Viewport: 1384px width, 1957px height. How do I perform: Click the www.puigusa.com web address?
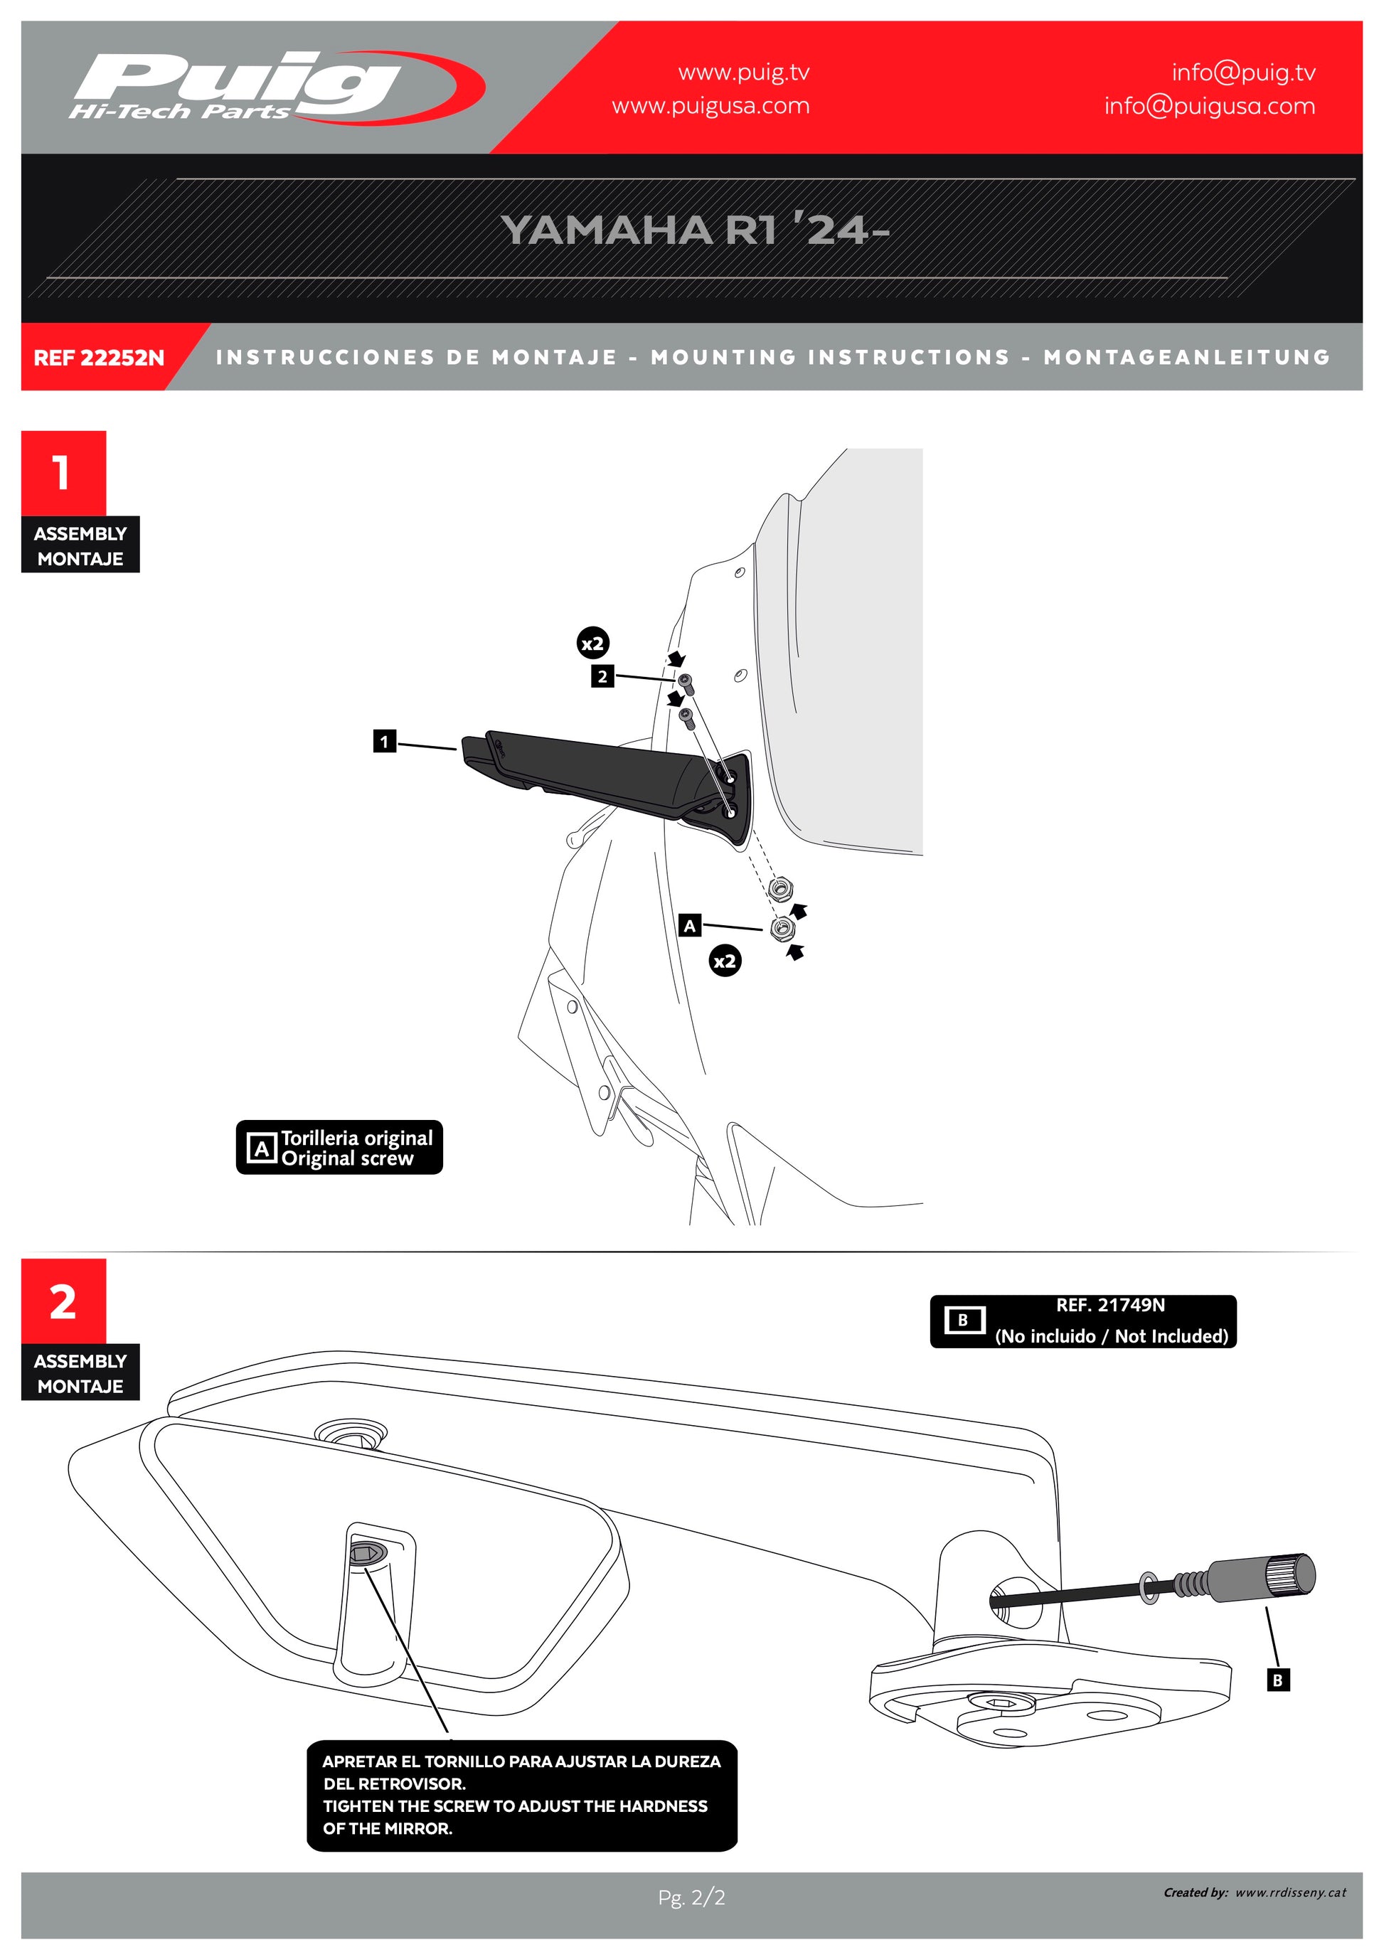point(710,107)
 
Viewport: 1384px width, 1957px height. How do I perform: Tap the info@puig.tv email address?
point(1242,73)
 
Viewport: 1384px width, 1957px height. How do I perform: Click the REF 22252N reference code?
point(99,358)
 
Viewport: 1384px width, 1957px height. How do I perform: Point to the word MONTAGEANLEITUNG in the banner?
point(1186,357)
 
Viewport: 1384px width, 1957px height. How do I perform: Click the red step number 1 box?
point(63,472)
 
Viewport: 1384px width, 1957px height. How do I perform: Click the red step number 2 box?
point(63,1301)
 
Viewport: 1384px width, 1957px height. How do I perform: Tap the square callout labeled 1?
point(384,742)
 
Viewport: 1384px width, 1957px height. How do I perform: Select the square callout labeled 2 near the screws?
point(602,677)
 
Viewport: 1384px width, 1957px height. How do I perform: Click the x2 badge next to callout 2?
point(592,644)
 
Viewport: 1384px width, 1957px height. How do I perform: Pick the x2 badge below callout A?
point(725,961)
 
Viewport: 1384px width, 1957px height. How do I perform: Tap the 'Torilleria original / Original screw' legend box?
point(339,1147)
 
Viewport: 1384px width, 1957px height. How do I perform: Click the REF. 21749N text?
point(1109,1305)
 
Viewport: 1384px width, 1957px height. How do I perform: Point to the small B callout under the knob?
point(1277,1680)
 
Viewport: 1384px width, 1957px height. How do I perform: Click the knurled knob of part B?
point(1289,1574)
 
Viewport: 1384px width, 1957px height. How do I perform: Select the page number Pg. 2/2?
point(691,1897)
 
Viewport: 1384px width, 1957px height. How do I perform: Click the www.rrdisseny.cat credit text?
point(1289,1892)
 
